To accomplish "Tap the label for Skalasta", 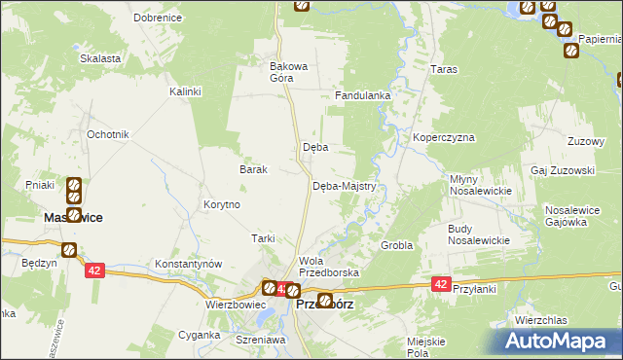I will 100,58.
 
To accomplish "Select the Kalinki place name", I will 184,91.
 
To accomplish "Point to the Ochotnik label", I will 107,133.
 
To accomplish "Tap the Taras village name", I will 444,70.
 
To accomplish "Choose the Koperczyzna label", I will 443,138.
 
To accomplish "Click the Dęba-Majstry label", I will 350,186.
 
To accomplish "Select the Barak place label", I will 253,168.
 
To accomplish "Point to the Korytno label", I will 222,205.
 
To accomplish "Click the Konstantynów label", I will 189,264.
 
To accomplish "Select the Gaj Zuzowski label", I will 563,169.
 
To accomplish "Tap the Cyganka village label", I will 199,335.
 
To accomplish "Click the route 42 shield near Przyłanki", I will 441,284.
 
